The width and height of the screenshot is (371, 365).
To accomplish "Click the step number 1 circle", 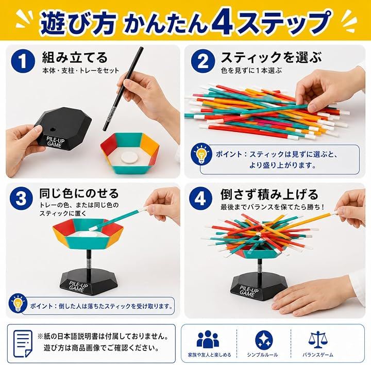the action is click(x=23, y=61).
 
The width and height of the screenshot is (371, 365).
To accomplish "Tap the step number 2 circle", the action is click(x=203, y=61).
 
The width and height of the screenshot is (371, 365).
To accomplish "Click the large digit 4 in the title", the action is click(x=223, y=22).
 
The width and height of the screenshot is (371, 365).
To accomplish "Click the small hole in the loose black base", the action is click(x=53, y=130).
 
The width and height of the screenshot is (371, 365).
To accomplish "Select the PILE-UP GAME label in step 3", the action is click(x=78, y=287).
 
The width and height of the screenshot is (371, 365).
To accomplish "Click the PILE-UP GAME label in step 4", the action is click(x=249, y=291).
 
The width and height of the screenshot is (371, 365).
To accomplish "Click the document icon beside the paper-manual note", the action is click(x=23, y=344).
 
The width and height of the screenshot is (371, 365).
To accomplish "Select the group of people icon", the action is click(x=208, y=339).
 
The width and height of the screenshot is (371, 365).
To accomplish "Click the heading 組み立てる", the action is click(x=75, y=58).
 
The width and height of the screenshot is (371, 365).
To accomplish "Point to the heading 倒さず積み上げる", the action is click(x=269, y=194).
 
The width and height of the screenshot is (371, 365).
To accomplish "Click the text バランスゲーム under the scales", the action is click(x=318, y=355).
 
